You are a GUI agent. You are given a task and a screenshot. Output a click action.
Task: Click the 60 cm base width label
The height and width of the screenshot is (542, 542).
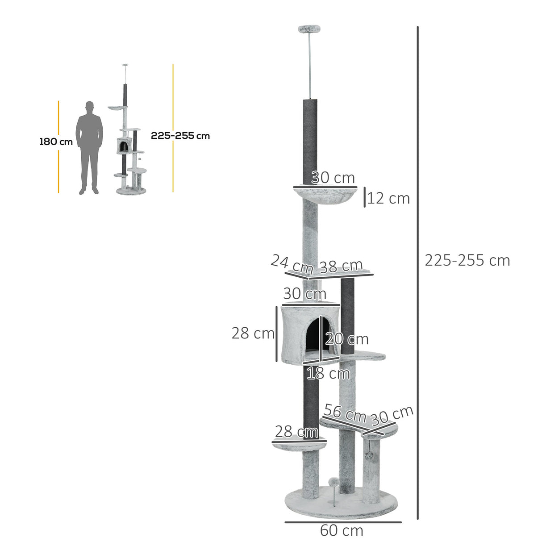pyautogui.click(x=342, y=530)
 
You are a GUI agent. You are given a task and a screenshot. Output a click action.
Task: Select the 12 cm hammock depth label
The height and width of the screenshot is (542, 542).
pyautogui.click(x=388, y=198)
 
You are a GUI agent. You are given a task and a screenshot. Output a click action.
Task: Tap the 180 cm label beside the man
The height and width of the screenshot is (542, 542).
pyautogui.click(x=56, y=142)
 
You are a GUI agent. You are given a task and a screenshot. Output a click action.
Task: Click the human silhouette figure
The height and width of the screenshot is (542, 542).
pyautogui.click(x=89, y=147)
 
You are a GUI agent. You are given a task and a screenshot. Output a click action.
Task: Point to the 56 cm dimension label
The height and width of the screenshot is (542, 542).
pyautogui.click(x=345, y=413)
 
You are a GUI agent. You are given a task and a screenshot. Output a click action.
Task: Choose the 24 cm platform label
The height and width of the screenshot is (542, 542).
pyautogui.click(x=292, y=264)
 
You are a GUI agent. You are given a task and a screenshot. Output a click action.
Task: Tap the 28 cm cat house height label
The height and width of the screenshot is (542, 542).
pyautogui.click(x=253, y=333)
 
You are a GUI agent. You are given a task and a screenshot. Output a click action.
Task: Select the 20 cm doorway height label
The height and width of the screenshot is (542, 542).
pyautogui.click(x=347, y=339)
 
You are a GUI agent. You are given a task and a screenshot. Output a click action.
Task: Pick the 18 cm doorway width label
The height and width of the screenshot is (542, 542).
pyautogui.click(x=328, y=373)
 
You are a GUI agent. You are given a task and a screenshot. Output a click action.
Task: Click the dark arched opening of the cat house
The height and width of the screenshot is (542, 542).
pyautogui.click(x=314, y=337)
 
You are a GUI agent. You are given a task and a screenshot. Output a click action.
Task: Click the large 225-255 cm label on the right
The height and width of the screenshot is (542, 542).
pyautogui.click(x=467, y=260)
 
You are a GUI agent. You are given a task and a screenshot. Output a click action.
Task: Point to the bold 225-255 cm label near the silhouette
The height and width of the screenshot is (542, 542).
pyautogui.click(x=180, y=136)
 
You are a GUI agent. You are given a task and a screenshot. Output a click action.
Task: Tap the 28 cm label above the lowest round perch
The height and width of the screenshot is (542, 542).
pyautogui.click(x=296, y=432)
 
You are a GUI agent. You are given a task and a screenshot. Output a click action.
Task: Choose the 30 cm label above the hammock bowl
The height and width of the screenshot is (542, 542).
pyautogui.click(x=333, y=178)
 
